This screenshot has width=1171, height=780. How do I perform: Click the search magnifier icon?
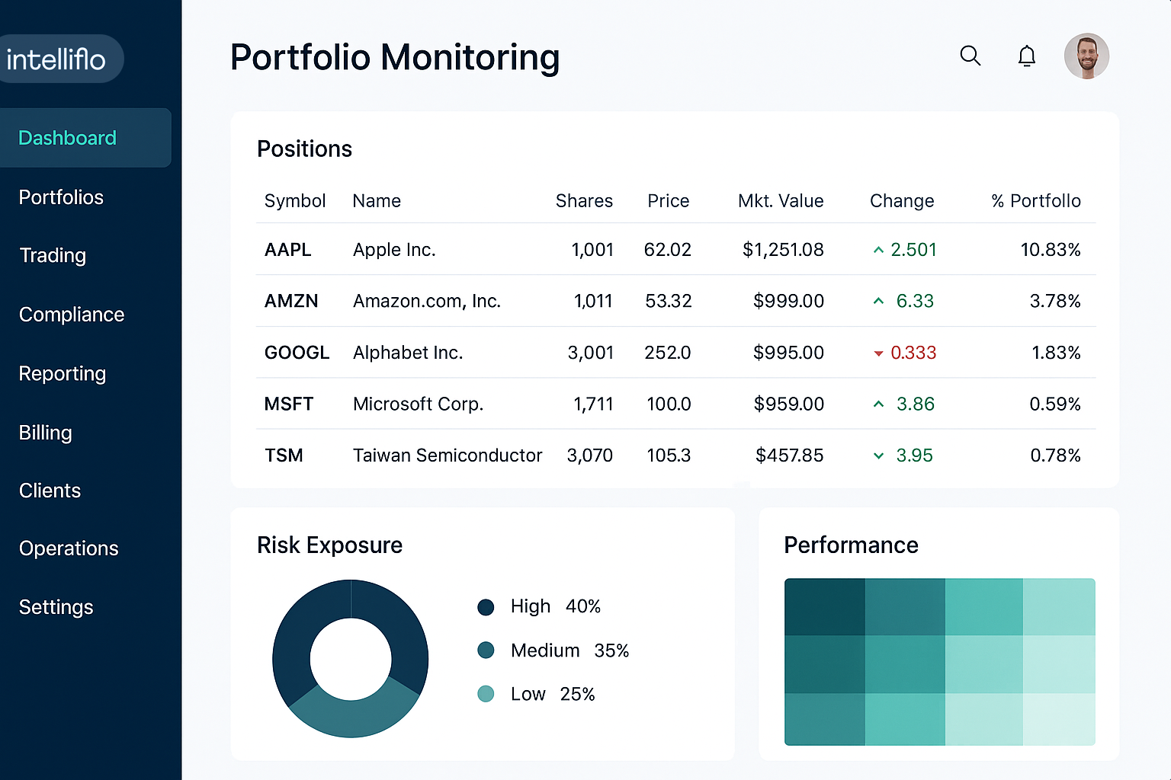[x=970, y=56]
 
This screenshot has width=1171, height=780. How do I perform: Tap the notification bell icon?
[x=1027, y=56]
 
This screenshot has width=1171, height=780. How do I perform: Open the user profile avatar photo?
[x=1086, y=56]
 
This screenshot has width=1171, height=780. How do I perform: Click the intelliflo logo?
[x=56, y=59]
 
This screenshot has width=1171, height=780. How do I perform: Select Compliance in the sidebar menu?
[x=72, y=315]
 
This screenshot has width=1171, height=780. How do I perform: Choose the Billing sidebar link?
[x=46, y=433]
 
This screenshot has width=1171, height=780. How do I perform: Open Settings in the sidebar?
[x=56, y=607]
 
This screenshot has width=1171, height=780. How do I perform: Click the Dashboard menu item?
[x=68, y=138]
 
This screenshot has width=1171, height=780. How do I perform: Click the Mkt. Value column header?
[x=781, y=201]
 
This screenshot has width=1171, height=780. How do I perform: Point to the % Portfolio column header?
[x=1036, y=201]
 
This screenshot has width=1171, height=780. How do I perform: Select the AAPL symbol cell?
[x=288, y=250]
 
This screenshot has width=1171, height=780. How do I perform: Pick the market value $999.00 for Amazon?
[x=788, y=302]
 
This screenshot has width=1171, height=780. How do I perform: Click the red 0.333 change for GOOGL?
[x=913, y=353]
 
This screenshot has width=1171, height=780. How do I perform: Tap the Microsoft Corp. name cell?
[x=418, y=404]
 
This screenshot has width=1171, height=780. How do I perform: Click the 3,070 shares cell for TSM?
[x=589, y=456]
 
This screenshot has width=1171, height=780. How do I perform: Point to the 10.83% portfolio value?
[x=1051, y=250]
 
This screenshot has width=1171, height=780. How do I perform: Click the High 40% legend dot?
[x=486, y=607]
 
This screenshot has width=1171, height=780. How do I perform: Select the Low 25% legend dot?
[x=486, y=694]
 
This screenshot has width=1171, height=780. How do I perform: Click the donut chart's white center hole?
[x=351, y=659]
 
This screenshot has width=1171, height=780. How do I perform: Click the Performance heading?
[x=851, y=545]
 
